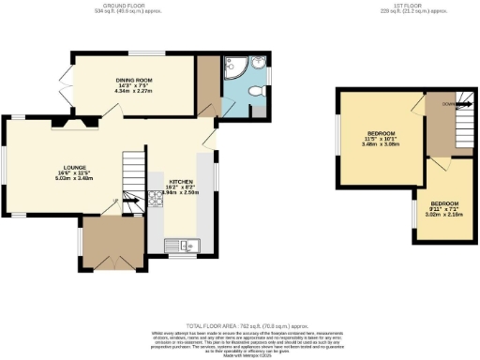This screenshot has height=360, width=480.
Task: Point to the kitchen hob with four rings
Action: click(154, 200)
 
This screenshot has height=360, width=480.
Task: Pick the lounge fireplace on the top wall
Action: click(75, 120)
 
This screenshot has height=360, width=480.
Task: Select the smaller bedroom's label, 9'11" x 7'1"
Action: click(444, 207)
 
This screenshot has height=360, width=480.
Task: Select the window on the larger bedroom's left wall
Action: click(338, 138)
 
